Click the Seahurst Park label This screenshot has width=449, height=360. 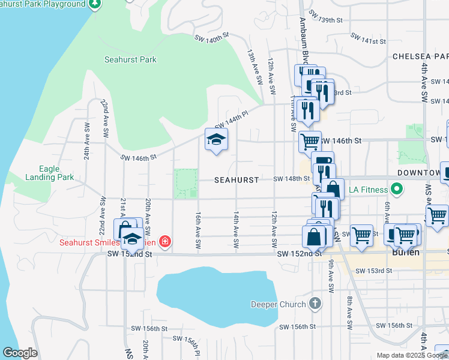click(130, 59)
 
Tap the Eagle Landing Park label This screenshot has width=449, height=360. click(49, 173)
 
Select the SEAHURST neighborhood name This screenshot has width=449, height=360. click(237, 180)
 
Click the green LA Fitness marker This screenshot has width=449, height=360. click(396, 190)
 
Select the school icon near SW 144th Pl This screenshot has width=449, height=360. click(217, 140)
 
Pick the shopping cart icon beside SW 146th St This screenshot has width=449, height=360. click(310, 142)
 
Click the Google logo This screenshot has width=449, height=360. click(20, 353)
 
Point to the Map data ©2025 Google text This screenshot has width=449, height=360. click(412, 355)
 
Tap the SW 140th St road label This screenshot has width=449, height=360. click(212, 38)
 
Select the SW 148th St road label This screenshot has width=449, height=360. click(292, 179)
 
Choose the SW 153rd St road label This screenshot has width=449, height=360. click(374, 271)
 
